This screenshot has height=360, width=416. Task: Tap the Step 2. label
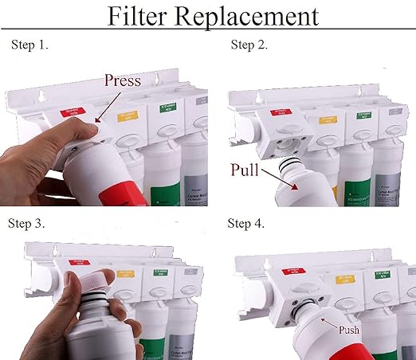[249, 45]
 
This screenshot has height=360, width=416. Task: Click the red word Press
[124, 80]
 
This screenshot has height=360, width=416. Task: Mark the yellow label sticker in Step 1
[128, 115]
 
